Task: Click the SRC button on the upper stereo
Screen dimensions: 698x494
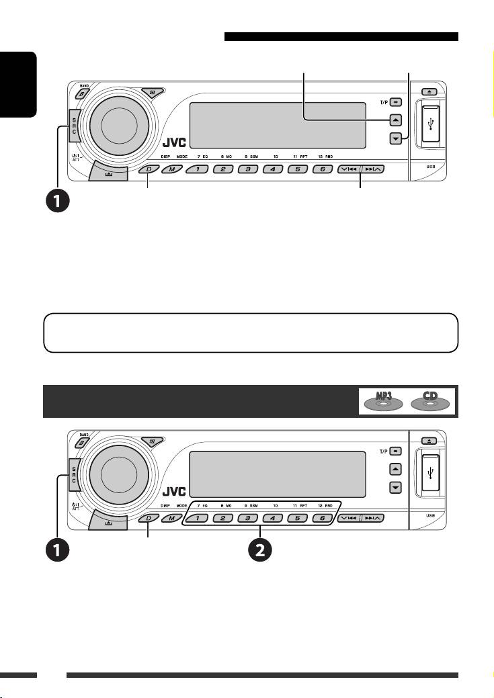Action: (73, 124)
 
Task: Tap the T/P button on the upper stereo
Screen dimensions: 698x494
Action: (396, 103)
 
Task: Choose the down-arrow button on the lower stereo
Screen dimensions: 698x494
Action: (396, 486)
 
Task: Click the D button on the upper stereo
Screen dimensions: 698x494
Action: (148, 169)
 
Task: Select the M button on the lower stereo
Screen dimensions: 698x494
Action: (172, 518)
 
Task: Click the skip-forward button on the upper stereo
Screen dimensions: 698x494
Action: (372, 169)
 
